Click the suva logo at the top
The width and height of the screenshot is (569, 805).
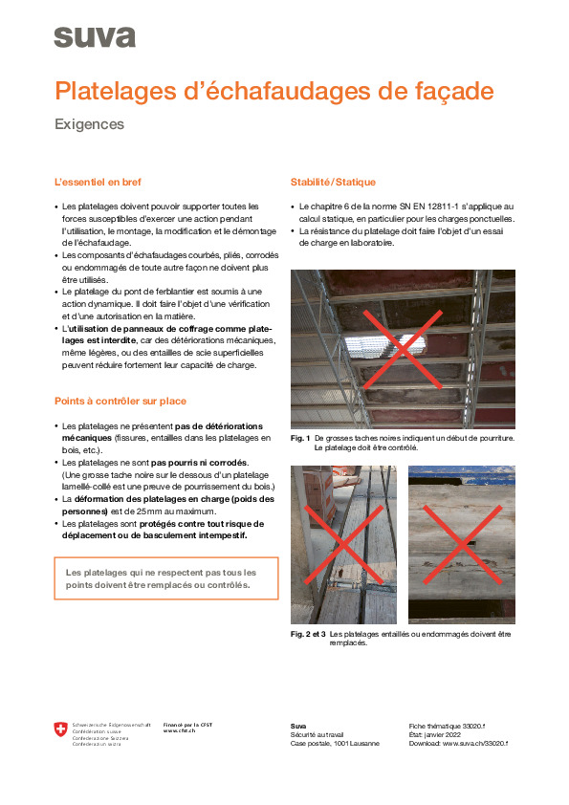(x=94, y=37)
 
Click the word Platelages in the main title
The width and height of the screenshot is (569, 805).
(x=113, y=92)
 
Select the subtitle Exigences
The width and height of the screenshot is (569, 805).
(x=90, y=124)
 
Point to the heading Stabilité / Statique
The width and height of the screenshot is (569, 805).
(x=333, y=182)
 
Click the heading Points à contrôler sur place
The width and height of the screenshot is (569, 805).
(x=120, y=401)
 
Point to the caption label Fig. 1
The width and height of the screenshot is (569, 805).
(x=299, y=439)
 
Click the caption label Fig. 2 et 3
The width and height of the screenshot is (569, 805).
(x=308, y=634)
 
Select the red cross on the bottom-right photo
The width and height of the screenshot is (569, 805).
(x=461, y=545)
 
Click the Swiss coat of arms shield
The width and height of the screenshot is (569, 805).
(x=61, y=731)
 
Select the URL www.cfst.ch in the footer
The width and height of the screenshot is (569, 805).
(x=181, y=731)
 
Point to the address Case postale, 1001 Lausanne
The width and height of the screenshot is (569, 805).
(x=335, y=743)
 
